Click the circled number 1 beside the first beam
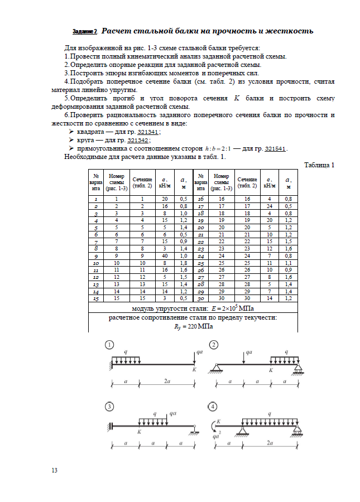point(111,345)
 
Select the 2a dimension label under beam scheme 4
point(270,443)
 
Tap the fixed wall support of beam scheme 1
point(109,363)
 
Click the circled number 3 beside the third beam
point(111,407)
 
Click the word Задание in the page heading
point(83,31)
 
